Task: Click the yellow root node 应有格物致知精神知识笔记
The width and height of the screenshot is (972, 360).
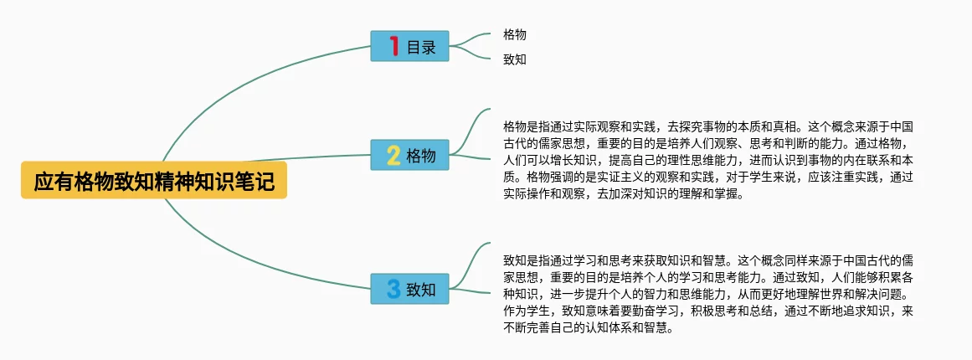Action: point(154,181)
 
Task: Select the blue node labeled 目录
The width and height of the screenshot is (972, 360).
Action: point(409,46)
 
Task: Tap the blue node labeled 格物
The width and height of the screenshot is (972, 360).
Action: point(409,155)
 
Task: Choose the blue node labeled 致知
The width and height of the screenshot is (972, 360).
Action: point(409,289)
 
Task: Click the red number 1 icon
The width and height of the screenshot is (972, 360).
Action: point(394,46)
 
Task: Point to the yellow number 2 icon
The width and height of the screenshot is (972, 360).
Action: point(393,155)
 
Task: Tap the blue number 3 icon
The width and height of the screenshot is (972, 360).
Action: point(393,289)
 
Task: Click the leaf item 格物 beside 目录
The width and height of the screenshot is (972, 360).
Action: point(515,35)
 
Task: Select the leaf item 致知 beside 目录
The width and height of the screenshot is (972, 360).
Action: point(515,59)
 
